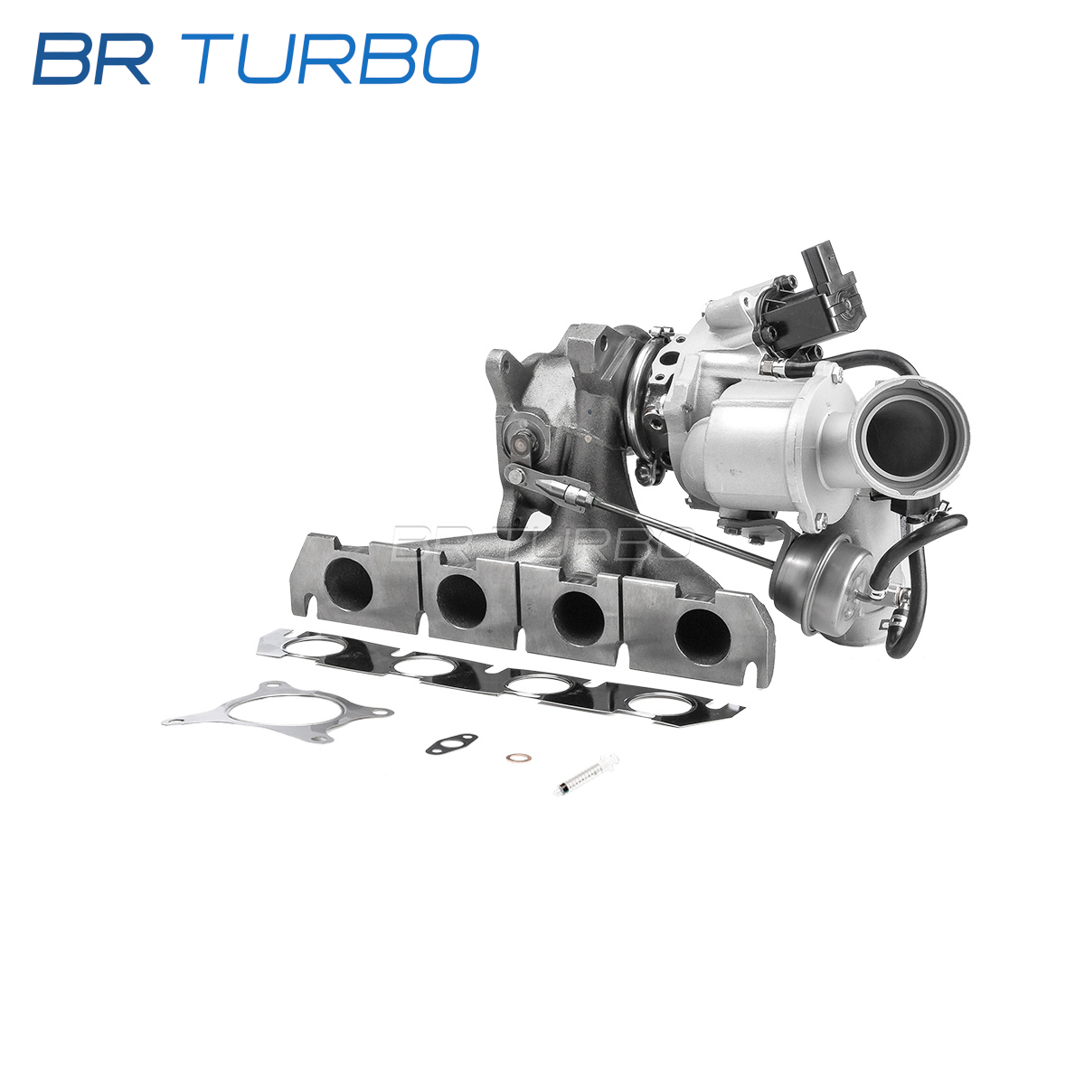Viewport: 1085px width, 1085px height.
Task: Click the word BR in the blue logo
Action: (91, 59)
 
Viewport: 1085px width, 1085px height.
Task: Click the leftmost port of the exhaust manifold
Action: (348, 586)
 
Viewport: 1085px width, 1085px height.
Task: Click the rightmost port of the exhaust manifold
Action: (703, 637)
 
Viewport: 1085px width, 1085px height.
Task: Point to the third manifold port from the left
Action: (579, 618)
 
